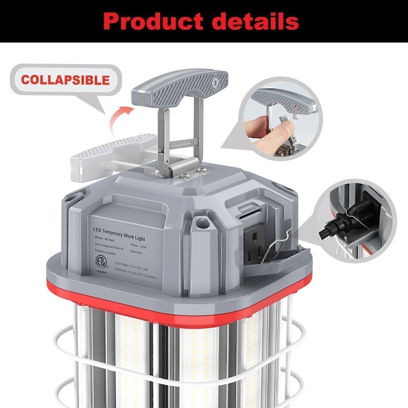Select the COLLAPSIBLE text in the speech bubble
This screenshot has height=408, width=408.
coord(65,80)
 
